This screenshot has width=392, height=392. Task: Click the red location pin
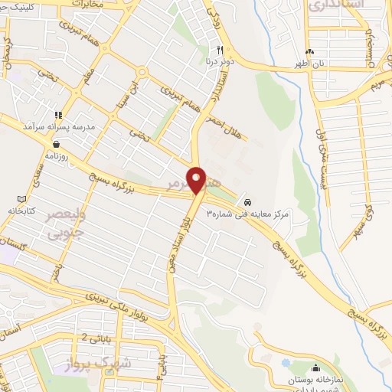pyautogui.click(x=198, y=180)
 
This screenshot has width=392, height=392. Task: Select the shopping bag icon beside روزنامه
pyautogui.click(x=56, y=143)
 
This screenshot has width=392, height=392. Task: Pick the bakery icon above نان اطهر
pyautogui.click(x=309, y=51)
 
